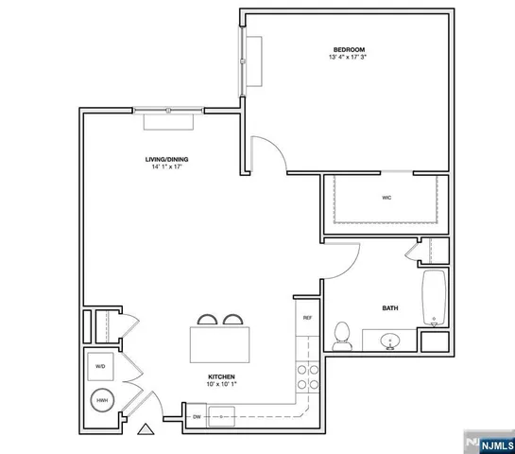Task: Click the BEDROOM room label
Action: (x=348, y=49)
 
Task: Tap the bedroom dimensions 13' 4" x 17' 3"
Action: (x=348, y=58)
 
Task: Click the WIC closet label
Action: (x=386, y=198)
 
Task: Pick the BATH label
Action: (x=389, y=307)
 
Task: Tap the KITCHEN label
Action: (x=221, y=376)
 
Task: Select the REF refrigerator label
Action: (x=307, y=318)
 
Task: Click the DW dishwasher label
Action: (x=197, y=415)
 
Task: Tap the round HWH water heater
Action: (x=101, y=401)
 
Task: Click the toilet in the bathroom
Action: (x=343, y=335)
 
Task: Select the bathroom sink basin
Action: (x=389, y=340)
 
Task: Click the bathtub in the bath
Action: (x=434, y=296)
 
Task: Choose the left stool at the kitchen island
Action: (x=206, y=319)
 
